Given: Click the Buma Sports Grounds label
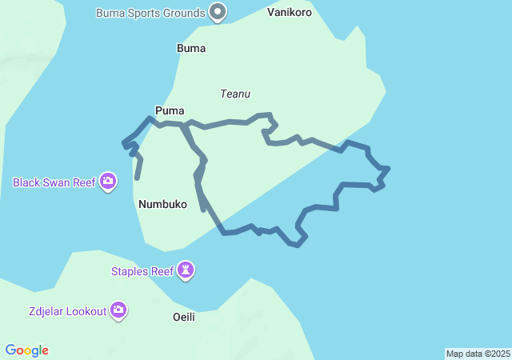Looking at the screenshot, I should click(x=150, y=13).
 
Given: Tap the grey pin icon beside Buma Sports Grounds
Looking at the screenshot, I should click(x=218, y=12).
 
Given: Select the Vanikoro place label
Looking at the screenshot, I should click(x=289, y=13).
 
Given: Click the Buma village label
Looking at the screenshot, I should click(x=190, y=48).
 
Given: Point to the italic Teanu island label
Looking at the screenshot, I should click(x=235, y=94).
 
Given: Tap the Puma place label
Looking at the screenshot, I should click(x=170, y=110).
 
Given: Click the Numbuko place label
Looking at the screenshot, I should click(x=162, y=204).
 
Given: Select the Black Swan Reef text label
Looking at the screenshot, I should click(x=54, y=182).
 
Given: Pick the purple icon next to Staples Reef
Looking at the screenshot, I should click(x=186, y=271).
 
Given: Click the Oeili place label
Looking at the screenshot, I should click(x=184, y=317).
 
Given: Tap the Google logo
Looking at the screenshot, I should click(x=26, y=350).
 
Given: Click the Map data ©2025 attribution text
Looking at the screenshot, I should click(x=478, y=354).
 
